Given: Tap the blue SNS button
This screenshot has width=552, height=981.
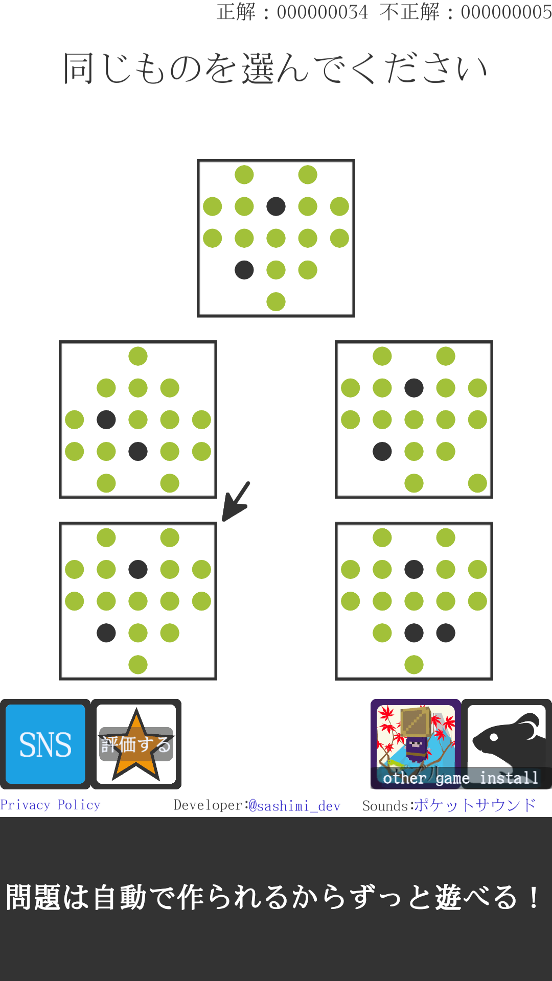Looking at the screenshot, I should click(x=45, y=744).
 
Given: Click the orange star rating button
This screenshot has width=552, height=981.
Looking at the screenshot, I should click(x=136, y=744).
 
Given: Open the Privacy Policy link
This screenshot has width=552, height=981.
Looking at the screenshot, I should click(x=50, y=805).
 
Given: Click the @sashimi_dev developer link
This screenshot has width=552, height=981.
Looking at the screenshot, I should click(x=294, y=806).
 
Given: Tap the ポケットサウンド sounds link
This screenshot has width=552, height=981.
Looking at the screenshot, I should click(x=475, y=805).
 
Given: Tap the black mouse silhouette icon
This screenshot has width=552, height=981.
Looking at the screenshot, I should click(x=507, y=739).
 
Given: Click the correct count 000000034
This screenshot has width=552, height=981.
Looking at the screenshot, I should click(x=322, y=12).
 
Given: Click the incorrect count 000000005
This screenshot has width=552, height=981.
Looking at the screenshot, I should click(x=506, y=12).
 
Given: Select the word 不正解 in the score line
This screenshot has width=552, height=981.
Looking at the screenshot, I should click(x=409, y=12).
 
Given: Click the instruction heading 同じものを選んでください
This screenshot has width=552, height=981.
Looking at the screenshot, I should click(x=275, y=68).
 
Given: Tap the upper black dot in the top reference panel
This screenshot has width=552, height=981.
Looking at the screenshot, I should click(x=276, y=206).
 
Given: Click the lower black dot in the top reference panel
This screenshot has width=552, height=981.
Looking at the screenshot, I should click(x=244, y=270).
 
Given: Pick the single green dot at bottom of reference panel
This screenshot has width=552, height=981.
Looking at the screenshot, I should click(x=276, y=301).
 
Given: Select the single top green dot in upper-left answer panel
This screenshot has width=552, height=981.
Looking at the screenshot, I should click(x=138, y=356).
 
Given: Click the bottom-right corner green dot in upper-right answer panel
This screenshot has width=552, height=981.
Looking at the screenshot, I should click(x=477, y=483).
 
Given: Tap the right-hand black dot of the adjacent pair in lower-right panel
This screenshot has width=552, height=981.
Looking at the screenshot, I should click(x=446, y=633).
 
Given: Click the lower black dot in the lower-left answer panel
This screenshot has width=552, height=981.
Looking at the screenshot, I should click(x=106, y=633).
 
